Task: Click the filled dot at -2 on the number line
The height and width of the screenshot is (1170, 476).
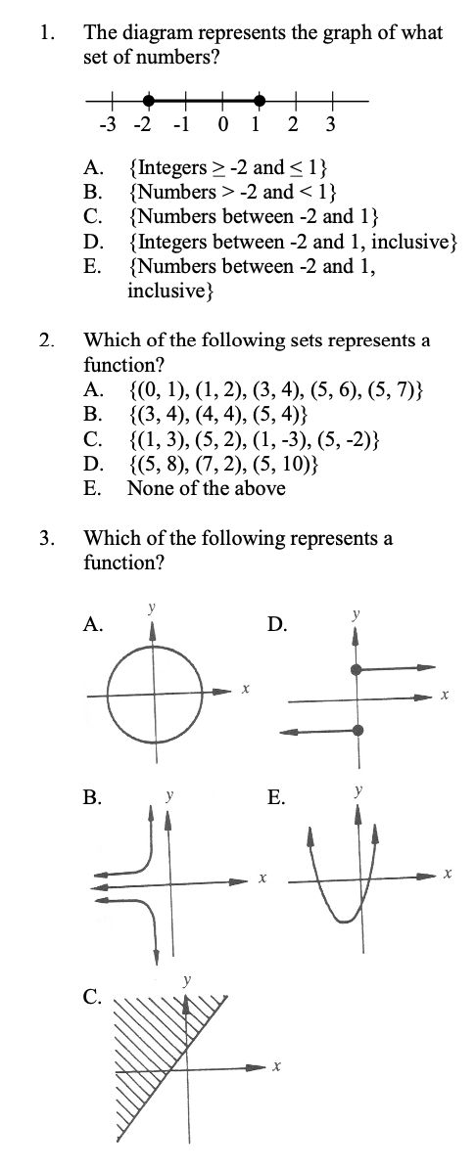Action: [148, 100]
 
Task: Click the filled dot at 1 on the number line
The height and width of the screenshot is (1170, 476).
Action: [259, 100]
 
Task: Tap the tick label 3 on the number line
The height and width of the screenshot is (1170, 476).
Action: [330, 124]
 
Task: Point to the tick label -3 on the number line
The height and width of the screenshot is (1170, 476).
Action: [109, 124]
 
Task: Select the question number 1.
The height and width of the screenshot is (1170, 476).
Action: [46, 33]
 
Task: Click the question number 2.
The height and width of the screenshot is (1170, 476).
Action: [46, 340]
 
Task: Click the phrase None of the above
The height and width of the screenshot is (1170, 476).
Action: [207, 487]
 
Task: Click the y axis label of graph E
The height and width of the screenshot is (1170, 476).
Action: [358, 788]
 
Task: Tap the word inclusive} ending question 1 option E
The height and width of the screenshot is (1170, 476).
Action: [167, 291]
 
